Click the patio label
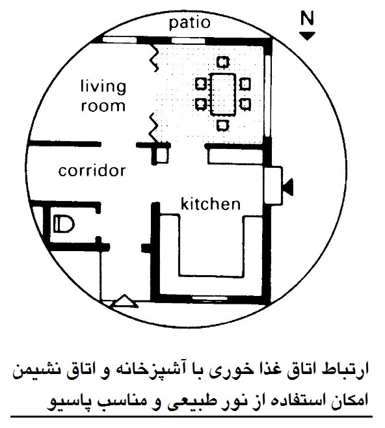[190, 23]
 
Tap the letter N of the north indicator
[307, 19]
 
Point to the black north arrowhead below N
[307, 36]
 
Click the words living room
[103, 96]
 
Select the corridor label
[92, 171]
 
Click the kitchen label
[211, 204]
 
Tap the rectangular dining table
[223, 94]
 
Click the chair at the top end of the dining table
[223, 62]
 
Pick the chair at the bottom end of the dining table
[223, 126]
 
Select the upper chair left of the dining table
[201, 84]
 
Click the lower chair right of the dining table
[245, 104]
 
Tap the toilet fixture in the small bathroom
[64, 224]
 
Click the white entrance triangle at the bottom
[125, 301]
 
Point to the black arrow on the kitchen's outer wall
[288, 187]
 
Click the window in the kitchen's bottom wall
[209, 298]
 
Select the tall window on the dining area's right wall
[268, 96]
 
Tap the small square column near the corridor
[161, 155]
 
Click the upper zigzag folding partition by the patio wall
[153, 57]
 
